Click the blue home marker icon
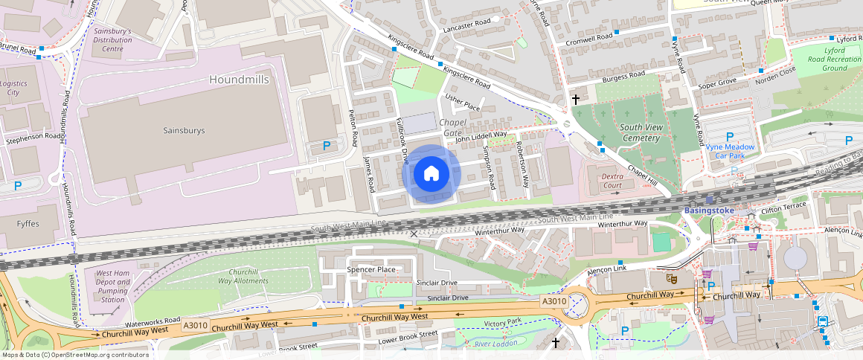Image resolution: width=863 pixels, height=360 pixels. pyautogui.click(x=431, y=174)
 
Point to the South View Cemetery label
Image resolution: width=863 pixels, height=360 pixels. pyautogui.click(x=641, y=132)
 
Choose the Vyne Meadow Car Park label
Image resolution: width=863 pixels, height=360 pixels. pyautogui.click(x=730, y=151)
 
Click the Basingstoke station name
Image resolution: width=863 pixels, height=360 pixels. pyautogui.click(x=709, y=210)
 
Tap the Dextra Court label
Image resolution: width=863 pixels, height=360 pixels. pyautogui.click(x=612, y=180)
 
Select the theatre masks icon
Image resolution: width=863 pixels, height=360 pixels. pyautogui.click(x=670, y=278)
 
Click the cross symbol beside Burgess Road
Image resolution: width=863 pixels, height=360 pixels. pyautogui.click(x=575, y=99)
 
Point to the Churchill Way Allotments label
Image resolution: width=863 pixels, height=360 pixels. pyautogui.click(x=243, y=276)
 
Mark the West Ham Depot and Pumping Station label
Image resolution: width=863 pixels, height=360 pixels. pyautogui.click(x=112, y=286)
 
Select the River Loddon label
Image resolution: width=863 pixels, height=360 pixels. pyautogui.click(x=497, y=343)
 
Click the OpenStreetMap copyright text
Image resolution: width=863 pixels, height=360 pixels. pyautogui.click(x=74, y=355)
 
